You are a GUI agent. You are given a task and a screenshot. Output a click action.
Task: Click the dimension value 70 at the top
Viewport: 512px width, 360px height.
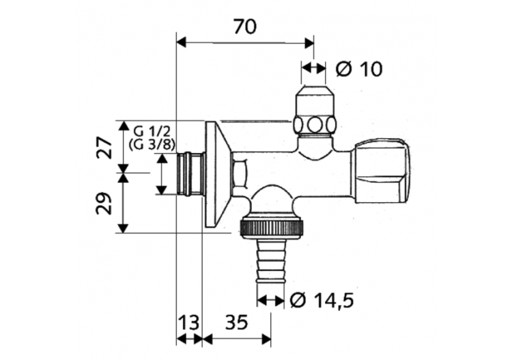pyautogui.click(x=244, y=27)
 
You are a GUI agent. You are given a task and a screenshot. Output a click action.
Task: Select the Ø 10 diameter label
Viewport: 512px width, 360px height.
pyautogui.click(x=360, y=68)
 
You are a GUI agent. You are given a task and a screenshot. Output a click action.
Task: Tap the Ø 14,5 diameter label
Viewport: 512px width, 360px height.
pyautogui.click(x=322, y=300)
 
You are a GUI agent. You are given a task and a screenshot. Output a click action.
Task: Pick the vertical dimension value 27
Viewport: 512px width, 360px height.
pyautogui.click(x=104, y=147)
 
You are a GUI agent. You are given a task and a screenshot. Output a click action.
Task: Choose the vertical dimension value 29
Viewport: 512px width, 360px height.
pyautogui.click(x=104, y=203)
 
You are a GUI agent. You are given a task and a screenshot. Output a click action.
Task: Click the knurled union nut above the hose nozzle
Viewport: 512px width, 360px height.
pyautogui.click(x=271, y=227)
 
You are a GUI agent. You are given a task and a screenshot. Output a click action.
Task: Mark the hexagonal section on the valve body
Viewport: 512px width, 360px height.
pyautogui.click(x=240, y=174)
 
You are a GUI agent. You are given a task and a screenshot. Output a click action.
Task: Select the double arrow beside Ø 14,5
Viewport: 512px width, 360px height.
pyautogui.click(x=271, y=300)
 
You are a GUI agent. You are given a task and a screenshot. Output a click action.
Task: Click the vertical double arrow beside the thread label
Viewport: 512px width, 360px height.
pyautogui.click(x=162, y=174)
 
